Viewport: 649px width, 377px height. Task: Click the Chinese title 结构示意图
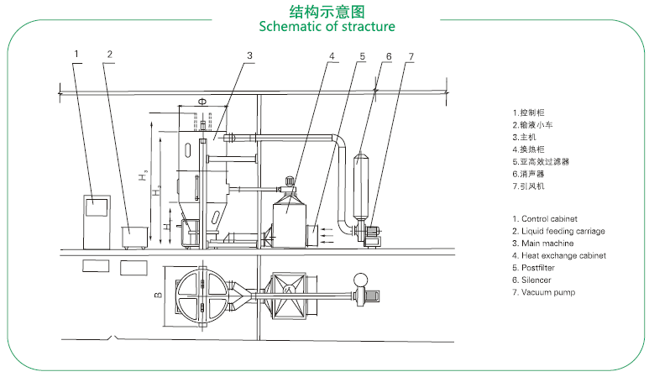point(327,11)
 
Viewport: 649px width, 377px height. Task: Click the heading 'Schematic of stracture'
point(327,26)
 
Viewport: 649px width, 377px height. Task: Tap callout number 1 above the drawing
point(76,54)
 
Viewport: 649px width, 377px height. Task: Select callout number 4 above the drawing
point(332,56)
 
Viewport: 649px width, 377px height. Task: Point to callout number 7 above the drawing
point(411,56)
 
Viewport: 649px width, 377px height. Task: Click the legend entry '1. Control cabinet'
point(549,219)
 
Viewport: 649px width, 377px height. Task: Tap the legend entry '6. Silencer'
point(537,280)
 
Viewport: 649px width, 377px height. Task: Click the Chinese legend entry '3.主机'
point(526,137)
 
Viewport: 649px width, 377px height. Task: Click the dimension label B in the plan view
point(157,295)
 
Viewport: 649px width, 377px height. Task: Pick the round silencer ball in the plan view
point(361,280)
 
